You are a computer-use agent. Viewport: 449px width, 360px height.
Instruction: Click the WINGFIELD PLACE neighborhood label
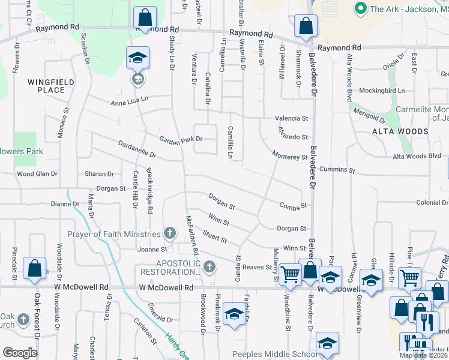pos(46,85)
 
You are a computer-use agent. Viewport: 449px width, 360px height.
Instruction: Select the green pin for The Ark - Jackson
pos(361,8)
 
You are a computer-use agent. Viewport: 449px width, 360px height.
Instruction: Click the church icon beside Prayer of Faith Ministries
pos(170,233)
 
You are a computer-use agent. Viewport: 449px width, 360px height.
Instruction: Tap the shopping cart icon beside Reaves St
pos(290,274)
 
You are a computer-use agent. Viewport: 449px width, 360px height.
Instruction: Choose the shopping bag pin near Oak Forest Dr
pos(34,268)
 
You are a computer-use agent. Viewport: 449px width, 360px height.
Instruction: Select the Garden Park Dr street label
pos(181,139)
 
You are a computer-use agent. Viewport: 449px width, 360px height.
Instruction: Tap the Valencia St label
pos(291,119)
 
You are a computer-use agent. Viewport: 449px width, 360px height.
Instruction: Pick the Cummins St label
pos(337,170)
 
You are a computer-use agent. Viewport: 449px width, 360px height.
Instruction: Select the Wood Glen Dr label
pos(37,174)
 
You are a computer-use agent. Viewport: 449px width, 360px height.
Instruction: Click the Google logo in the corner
pos(20,353)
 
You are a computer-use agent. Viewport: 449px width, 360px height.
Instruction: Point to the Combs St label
pos(293,206)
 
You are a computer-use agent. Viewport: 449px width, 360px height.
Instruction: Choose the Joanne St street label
pos(152,250)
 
